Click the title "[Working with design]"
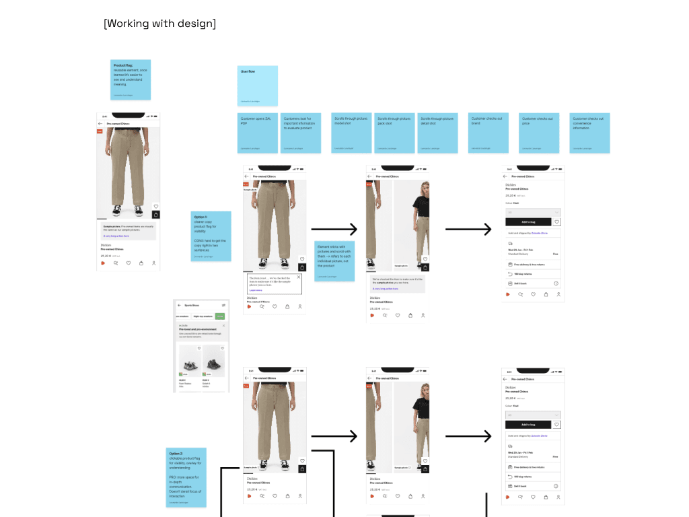(x=160, y=24)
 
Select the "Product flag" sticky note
(x=131, y=79)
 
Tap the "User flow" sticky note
(x=257, y=85)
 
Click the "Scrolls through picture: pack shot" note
(x=395, y=133)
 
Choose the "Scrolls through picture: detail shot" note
(x=437, y=133)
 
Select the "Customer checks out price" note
(x=539, y=133)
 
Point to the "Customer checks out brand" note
(x=488, y=133)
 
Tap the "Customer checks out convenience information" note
(x=589, y=133)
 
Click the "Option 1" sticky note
(x=211, y=236)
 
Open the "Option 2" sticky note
(x=186, y=477)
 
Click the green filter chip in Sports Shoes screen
(x=220, y=316)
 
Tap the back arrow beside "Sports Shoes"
(x=180, y=305)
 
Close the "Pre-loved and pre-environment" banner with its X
(x=224, y=325)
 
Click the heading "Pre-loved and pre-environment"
(x=196, y=329)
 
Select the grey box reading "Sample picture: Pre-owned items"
(x=128, y=231)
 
